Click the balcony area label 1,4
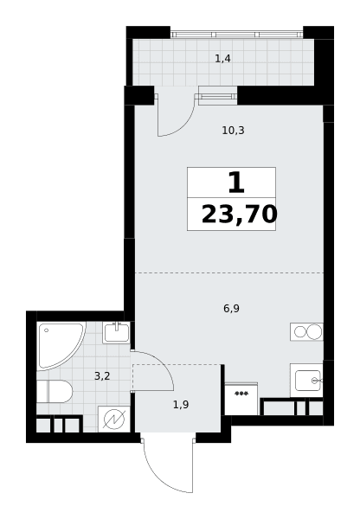[222, 59]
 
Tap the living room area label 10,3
[233, 131]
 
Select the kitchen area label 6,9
[231, 309]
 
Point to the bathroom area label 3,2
[102, 376]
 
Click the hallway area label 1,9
[181, 405]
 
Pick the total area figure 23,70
[239, 215]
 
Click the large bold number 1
[236, 183]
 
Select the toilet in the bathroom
[55, 391]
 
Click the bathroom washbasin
[116, 333]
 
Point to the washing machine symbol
[114, 420]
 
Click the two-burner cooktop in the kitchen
[306, 331]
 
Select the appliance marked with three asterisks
[241, 399]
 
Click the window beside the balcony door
[217, 96]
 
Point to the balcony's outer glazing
[236, 35]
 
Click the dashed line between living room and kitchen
[229, 272]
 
